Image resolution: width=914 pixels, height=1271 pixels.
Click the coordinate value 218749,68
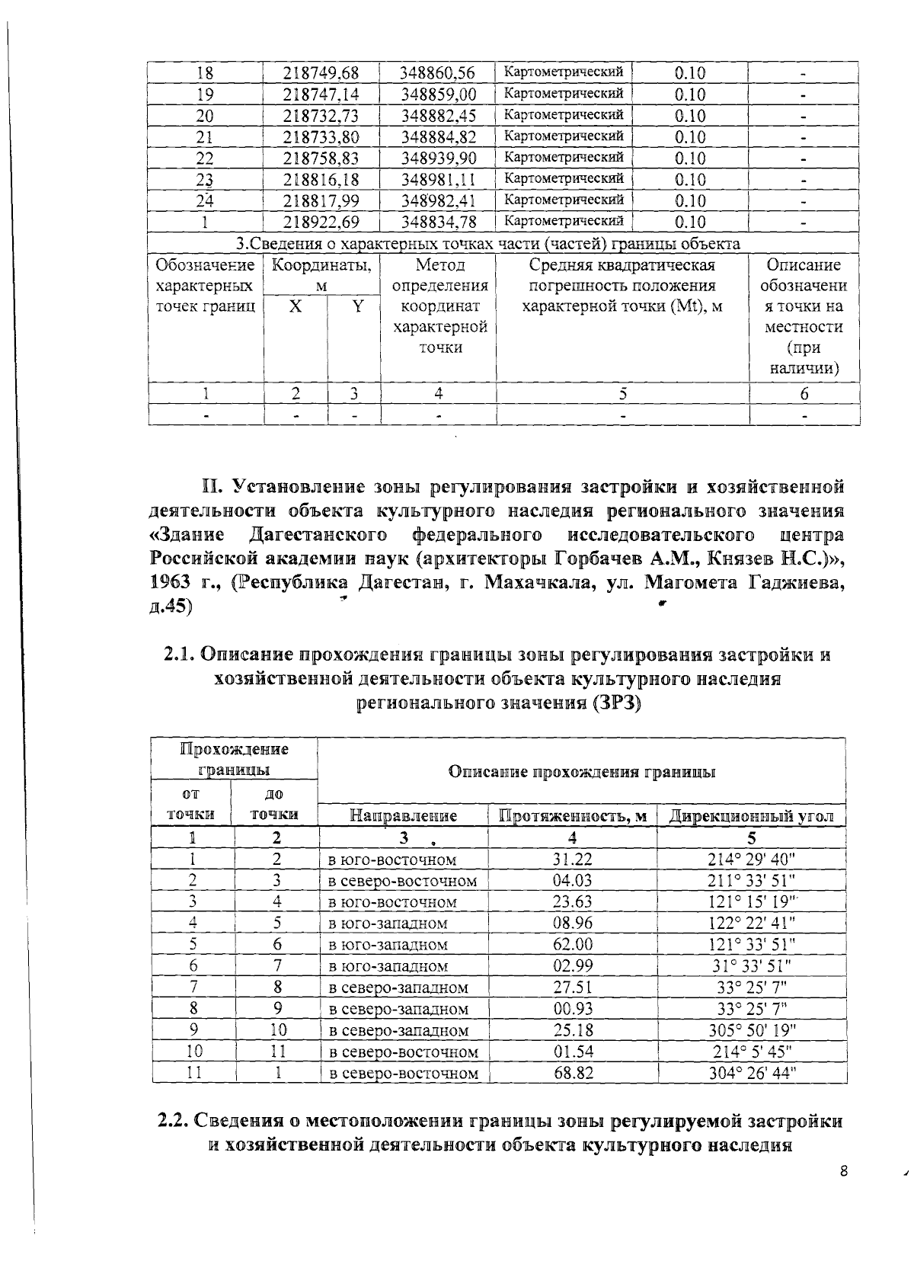(x=321, y=73)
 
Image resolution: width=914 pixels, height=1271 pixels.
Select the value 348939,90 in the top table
(x=438, y=158)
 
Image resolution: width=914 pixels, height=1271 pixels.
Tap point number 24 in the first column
(x=204, y=201)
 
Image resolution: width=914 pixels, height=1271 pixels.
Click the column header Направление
(x=403, y=816)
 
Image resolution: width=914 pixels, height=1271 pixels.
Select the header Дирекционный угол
(x=751, y=816)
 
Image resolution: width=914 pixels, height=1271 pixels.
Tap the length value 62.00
(x=572, y=945)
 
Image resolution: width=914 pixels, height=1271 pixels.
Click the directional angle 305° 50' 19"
(x=751, y=1030)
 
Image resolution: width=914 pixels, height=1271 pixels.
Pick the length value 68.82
(x=572, y=1073)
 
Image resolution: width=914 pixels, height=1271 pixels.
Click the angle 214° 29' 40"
(x=751, y=860)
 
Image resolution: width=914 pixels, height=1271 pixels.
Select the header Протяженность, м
(x=572, y=816)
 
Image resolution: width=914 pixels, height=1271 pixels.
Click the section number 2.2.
(x=173, y=1122)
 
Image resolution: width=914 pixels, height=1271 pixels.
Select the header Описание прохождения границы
(x=581, y=772)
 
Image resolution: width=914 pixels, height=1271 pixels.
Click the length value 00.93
(x=572, y=1009)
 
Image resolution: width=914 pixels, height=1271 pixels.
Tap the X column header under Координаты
(x=296, y=306)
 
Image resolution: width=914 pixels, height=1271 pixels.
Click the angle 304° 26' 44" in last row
(x=751, y=1073)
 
